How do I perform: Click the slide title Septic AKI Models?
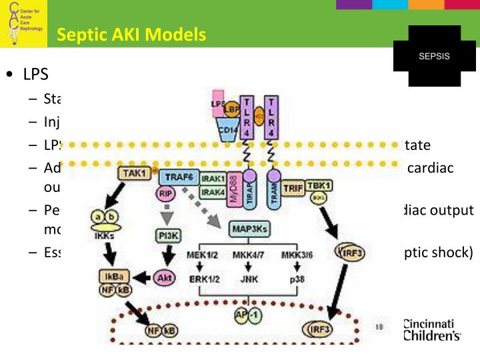(131, 35)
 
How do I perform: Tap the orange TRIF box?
(293, 189)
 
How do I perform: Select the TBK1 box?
(321, 185)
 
